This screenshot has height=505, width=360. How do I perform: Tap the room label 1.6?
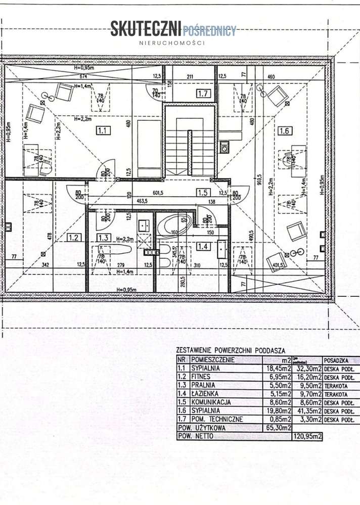coord(285,131)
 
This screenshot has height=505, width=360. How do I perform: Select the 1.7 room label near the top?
coord(203,93)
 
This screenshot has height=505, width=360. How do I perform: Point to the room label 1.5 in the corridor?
coord(203,192)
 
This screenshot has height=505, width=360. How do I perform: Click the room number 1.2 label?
coord(74,237)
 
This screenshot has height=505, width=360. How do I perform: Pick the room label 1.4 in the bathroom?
coord(203,247)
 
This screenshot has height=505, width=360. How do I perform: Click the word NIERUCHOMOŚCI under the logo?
coord(172,43)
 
